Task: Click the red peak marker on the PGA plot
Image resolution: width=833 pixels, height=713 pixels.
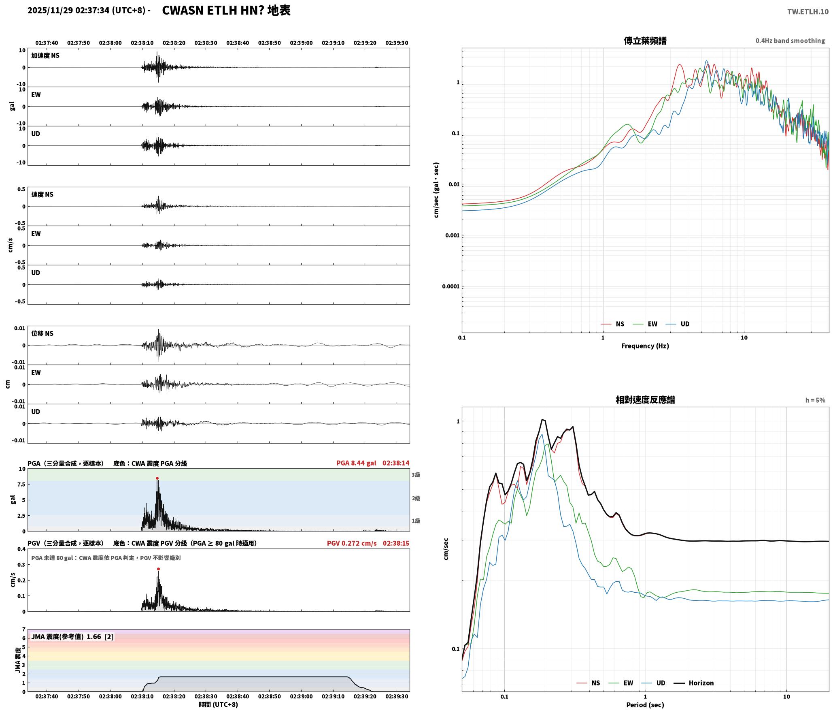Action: pyautogui.click(x=157, y=478)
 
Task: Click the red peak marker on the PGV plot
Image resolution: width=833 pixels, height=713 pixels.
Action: pyautogui.click(x=158, y=569)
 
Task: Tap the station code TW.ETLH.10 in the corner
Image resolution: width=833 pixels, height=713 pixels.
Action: pyautogui.click(x=807, y=12)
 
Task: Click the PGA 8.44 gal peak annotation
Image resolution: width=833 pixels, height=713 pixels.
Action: pyautogui.click(x=356, y=463)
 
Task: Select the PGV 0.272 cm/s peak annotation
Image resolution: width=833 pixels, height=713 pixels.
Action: pyautogui.click(x=352, y=543)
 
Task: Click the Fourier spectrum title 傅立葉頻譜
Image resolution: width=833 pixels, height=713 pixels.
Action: pyautogui.click(x=645, y=41)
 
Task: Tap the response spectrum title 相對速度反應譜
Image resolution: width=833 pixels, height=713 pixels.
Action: pyautogui.click(x=645, y=400)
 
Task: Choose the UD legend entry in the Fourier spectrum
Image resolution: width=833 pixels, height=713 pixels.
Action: pyautogui.click(x=678, y=324)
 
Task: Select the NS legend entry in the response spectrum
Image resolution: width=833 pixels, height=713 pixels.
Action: pyautogui.click(x=589, y=683)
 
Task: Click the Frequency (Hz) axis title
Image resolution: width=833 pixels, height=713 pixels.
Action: pyautogui.click(x=645, y=346)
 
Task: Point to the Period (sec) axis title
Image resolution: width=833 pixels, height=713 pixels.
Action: pyautogui.click(x=645, y=705)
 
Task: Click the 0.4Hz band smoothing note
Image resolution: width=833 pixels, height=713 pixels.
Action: pyautogui.click(x=790, y=41)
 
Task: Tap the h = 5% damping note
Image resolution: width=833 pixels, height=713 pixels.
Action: pyautogui.click(x=815, y=400)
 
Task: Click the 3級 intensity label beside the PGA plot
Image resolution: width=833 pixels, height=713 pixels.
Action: pyautogui.click(x=416, y=475)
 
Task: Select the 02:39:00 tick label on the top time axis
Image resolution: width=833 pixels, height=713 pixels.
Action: pyautogui.click(x=301, y=43)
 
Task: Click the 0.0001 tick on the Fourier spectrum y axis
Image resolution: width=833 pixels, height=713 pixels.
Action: pyautogui.click(x=450, y=286)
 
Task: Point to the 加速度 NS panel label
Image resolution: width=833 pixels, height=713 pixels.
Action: pyautogui.click(x=45, y=56)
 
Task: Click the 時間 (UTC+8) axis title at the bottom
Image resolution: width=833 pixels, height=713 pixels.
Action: pyautogui.click(x=219, y=704)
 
